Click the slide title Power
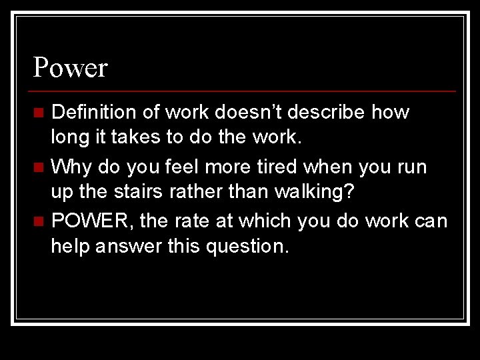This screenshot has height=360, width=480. point(70,67)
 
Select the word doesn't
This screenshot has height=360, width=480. point(262,112)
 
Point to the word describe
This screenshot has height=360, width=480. point(333,112)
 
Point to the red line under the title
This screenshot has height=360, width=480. point(244,91)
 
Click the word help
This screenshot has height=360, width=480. point(71,247)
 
